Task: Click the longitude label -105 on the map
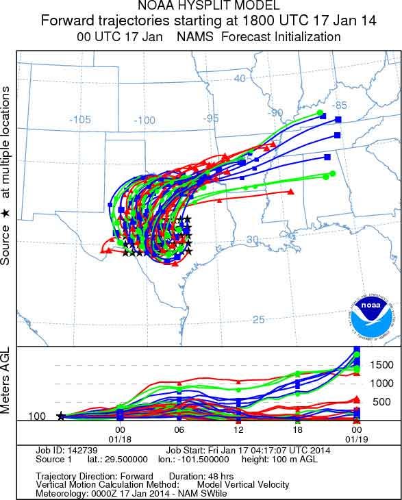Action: pyautogui.click(x=80, y=119)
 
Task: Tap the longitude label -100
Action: pyautogui.click(x=145, y=121)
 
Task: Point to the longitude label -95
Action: pyautogui.click(x=210, y=118)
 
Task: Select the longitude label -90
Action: pyautogui.click(x=275, y=112)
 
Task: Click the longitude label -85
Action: pyautogui.click(x=338, y=105)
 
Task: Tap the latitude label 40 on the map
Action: pyautogui.click(x=240, y=79)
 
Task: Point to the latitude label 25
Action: pyautogui.click(x=258, y=319)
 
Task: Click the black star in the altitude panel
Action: pyautogui.click(x=61, y=416)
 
